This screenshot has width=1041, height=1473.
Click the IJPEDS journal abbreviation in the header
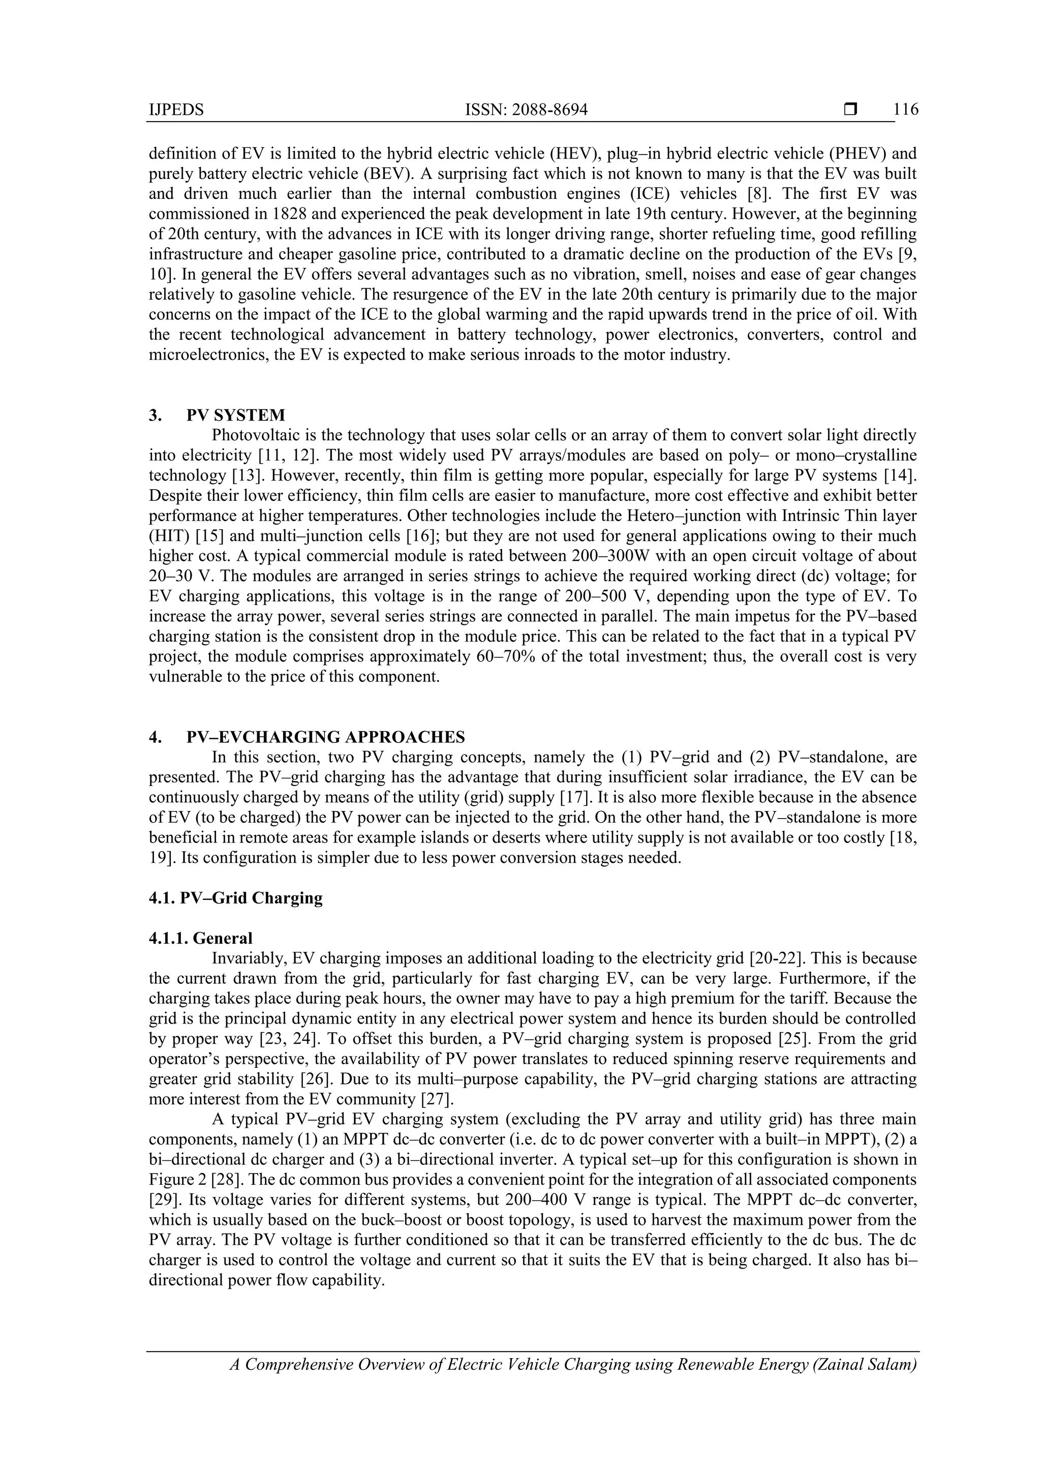click(x=176, y=110)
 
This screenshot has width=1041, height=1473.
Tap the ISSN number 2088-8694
click(x=549, y=110)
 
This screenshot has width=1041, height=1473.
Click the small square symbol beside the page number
click(x=850, y=110)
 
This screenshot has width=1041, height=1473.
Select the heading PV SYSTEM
click(x=235, y=415)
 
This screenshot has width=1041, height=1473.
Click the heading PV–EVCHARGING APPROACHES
click(x=325, y=737)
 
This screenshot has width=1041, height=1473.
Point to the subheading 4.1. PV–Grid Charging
click(x=235, y=897)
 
